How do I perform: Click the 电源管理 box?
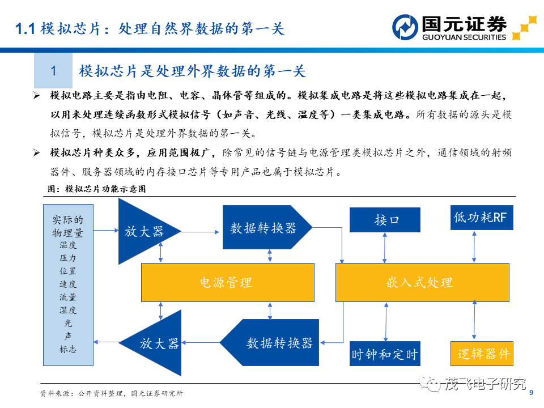228,282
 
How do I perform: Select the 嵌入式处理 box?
422,282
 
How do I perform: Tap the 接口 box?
385,220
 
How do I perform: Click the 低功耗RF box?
482,218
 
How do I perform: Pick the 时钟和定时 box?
385,354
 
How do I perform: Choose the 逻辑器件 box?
482,354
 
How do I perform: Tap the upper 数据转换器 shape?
267,227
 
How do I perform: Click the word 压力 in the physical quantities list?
67,258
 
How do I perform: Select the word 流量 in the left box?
67,297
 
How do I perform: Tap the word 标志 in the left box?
67,349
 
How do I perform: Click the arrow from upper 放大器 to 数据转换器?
200,232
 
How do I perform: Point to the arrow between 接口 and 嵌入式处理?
384,248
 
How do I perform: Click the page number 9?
531,393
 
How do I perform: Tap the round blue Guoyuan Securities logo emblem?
405,27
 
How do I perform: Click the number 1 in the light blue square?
53,71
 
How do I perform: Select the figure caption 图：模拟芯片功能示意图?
97,189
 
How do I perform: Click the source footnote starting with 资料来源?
112,393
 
